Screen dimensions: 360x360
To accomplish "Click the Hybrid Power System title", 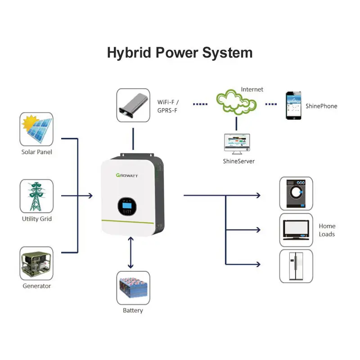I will pos(180,53).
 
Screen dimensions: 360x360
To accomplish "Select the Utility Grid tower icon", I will pos(36,196).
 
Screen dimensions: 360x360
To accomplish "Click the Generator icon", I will pos(36,263).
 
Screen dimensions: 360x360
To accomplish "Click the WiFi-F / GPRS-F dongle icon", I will pos(133,105).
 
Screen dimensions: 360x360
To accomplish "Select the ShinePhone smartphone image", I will pos(293,106).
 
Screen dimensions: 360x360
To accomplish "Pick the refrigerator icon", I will pos(296,267).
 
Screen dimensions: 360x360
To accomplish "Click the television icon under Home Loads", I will pos(296,230).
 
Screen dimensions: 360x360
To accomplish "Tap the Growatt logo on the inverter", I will pos(127,175).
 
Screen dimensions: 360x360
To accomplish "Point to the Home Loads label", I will pos(327,230).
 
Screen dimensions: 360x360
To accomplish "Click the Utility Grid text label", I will pos(37,219).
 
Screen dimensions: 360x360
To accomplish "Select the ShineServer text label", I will pos(239,161).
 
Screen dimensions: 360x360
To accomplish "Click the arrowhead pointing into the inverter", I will pos(90,196).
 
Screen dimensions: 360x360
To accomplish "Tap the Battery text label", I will pos(133,310).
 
